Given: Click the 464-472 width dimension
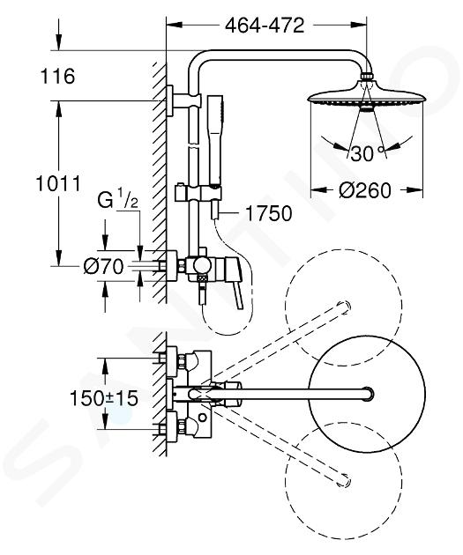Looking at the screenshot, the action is pyautogui.click(x=265, y=26).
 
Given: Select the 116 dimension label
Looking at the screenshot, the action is pyautogui.click(x=58, y=76).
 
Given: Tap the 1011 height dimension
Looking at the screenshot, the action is pyautogui.click(x=58, y=183).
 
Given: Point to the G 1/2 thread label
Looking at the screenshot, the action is pyautogui.click(x=117, y=200).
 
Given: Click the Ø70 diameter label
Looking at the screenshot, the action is pyautogui.click(x=103, y=266).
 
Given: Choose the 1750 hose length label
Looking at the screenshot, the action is pyautogui.click(x=269, y=213).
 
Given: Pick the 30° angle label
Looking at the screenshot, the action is pyautogui.click(x=368, y=153).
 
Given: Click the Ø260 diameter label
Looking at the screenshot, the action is pyautogui.click(x=365, y=190).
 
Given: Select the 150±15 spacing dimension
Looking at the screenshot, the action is pyautogui.click(x=104, y=398).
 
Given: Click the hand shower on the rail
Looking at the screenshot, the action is pyautogui.click(x=215, y=140).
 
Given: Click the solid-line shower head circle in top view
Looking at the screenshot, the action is pyautogui.click(x=367, y=395).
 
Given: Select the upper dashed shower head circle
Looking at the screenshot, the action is pyautogui.click(x=344, y=307).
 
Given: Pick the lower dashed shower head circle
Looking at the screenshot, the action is pyautogui.click(x=344, y=481).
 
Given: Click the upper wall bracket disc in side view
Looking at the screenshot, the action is pyautogui.click(x=169, y=101).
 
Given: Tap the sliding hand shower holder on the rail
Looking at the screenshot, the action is pyautogui.click(x=198, y=193).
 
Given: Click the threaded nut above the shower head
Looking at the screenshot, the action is pyautogui.click(x=367, y=77).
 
